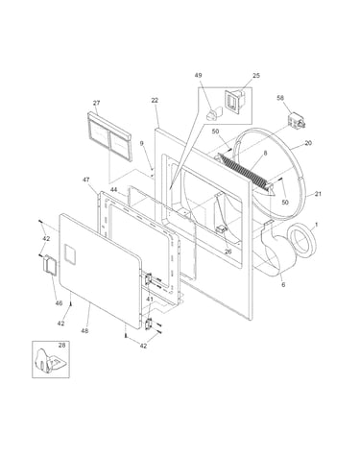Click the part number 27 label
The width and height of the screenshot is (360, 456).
coord(96,103)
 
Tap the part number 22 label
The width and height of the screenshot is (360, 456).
coord(155,100)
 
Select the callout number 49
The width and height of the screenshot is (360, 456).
coord(198,76)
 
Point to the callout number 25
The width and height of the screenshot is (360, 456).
coord(256,76)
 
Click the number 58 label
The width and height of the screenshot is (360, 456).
coord(280,98)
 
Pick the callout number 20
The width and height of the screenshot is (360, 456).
coord(308,143)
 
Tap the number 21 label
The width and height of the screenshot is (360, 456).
coord(318,194)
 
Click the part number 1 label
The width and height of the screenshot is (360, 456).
coord(317,225)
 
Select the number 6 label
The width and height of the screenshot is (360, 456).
coord(283,284)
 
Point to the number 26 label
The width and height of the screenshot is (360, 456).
coord(228,252)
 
